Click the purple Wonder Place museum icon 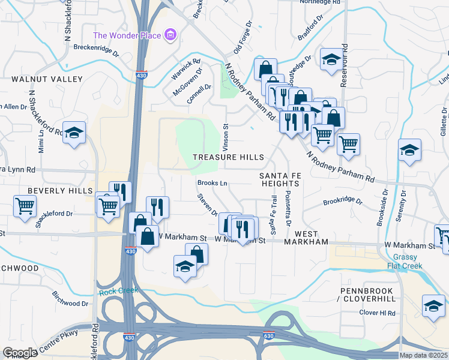170,35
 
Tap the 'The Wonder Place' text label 128,35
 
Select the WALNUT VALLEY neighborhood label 41,79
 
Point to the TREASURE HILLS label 228,157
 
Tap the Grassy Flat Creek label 427,261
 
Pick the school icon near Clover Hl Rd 433,306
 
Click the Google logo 20,353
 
